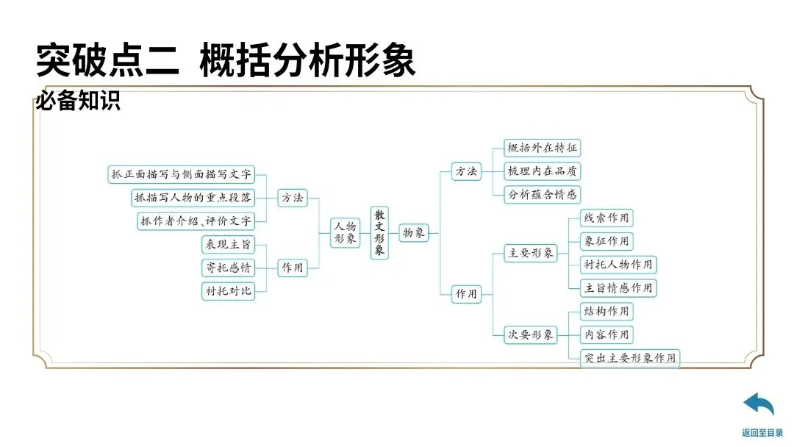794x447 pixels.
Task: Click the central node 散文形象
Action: tap(379, 232)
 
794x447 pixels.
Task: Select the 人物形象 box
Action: tap(346, 232)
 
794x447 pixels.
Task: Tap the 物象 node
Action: tap(414, 233)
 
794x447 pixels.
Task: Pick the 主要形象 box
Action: tap(530, 254)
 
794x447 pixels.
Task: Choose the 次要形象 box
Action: tap(530, 335)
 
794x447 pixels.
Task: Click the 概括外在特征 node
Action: tap(543, 148)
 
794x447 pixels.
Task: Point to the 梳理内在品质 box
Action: tap(543, 171)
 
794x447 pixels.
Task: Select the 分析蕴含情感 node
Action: tap(543, 195)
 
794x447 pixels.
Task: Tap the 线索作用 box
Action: tap(607, 218)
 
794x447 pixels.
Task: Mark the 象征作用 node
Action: tap(607, 241)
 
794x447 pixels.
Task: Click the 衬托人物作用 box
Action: tap(618, 265)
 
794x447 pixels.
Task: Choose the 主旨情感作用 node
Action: tap(618, 287)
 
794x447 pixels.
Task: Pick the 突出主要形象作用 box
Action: tap(629, 358)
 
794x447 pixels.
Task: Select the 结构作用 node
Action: tap(607, 311)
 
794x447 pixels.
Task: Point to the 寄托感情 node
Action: tap(228, 268)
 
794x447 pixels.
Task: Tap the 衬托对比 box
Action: tap(228, 290)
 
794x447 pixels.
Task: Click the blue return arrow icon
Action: tap(759, 405)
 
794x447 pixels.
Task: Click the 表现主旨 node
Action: tap(228, 245)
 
